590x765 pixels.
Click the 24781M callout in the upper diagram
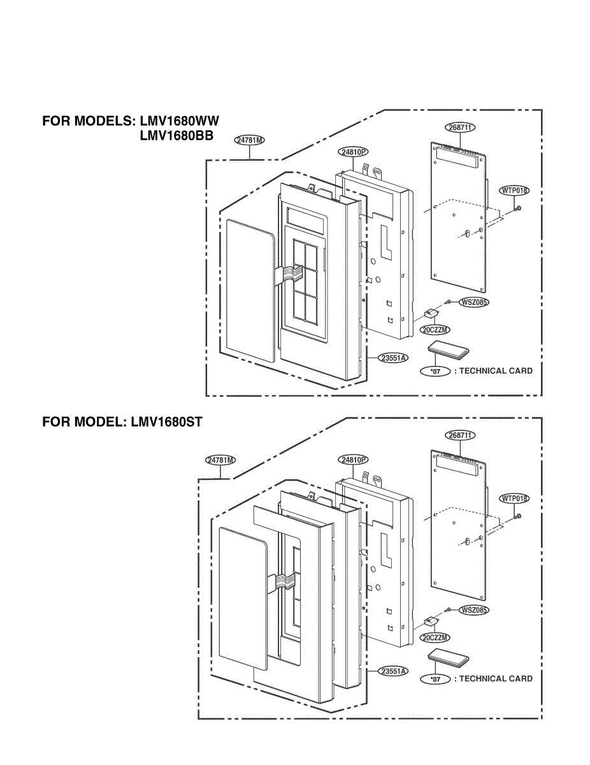coord(250,140)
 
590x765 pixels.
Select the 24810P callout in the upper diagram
coord(354,152)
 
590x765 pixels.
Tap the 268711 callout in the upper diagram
coord(460,127)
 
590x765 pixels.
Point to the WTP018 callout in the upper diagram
coord(515,191)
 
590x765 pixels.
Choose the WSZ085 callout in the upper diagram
coord(473,302)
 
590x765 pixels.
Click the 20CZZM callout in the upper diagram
coord(435,330)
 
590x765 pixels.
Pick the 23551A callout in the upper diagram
coord(393,358)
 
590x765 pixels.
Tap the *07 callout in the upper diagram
coord(436,371)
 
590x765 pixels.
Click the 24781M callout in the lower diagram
coord(220,460)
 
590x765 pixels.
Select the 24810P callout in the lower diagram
coord(353,460)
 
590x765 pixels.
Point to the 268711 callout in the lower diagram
coord(460,435)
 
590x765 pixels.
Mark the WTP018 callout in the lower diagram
coord(515,499)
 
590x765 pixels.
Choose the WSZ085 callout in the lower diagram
coord(473,610)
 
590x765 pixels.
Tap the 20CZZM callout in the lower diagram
coord(435,637)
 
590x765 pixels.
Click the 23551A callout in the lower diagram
coord(393,671)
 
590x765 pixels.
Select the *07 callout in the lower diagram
coord(436,680)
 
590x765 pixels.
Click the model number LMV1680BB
coord(176,136)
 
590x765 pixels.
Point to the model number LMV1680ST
coord(167,421)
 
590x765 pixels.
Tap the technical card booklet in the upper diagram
coord(449,350)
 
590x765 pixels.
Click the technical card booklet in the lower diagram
coord(449,658)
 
